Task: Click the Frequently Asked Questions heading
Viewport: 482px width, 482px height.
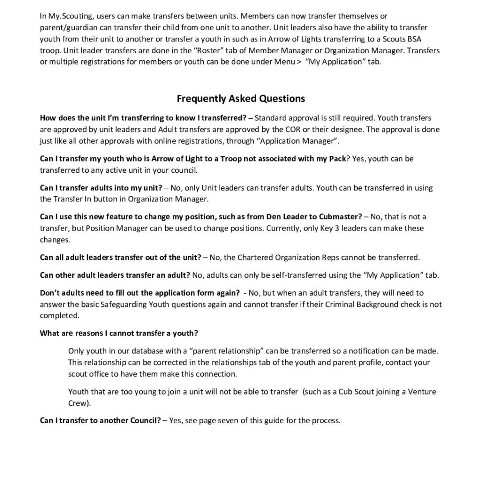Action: point(241,98)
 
